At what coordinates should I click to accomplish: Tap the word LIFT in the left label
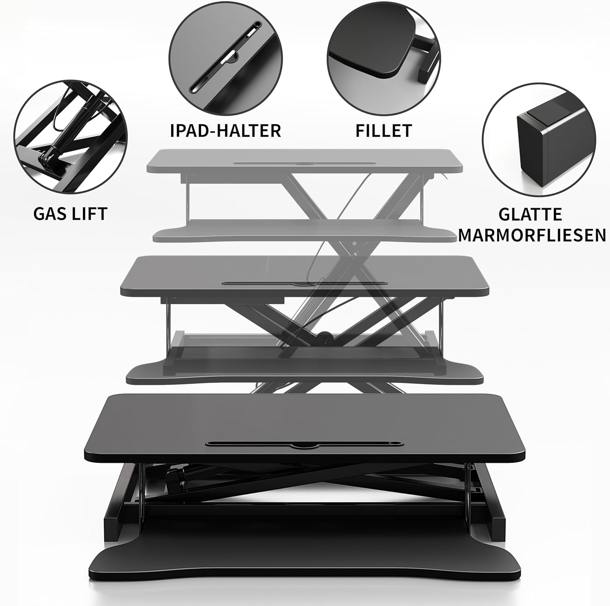(89, 213)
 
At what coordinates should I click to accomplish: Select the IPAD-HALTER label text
(226, 130)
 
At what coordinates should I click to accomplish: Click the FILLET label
(384, 130)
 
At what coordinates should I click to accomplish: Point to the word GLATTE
(530, 214)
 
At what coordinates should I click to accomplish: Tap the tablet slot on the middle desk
(304, 284)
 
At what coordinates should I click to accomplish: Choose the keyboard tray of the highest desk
(304, 231)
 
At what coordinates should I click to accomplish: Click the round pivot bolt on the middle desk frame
(324, 336)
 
